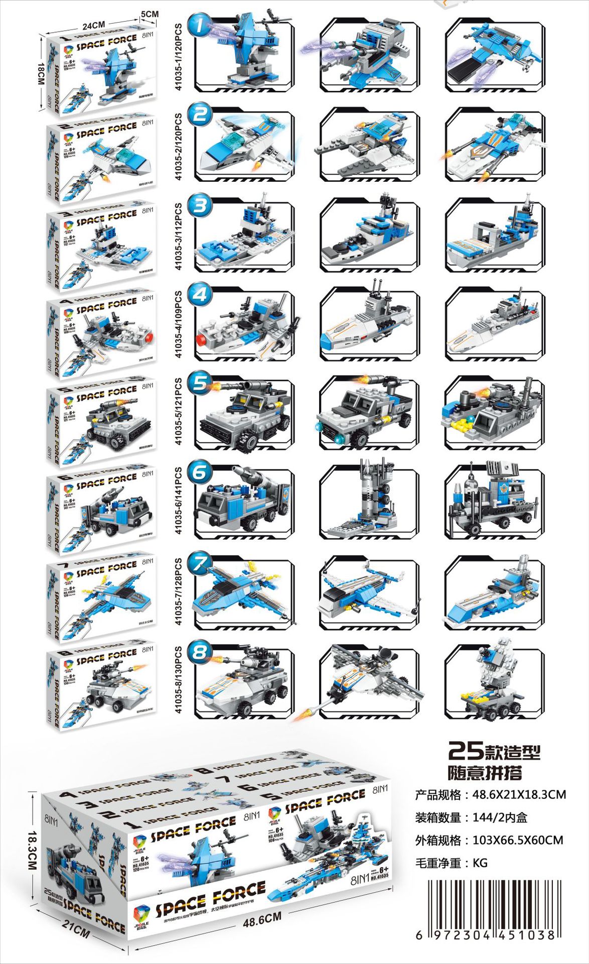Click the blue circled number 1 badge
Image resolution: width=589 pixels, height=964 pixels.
point(200,26)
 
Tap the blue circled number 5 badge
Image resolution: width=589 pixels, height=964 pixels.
point(200,383)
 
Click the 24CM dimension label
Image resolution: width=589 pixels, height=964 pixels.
point(93,25)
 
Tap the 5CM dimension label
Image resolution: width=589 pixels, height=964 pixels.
point(150,14)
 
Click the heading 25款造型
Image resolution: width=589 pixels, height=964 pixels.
point(494,752)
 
